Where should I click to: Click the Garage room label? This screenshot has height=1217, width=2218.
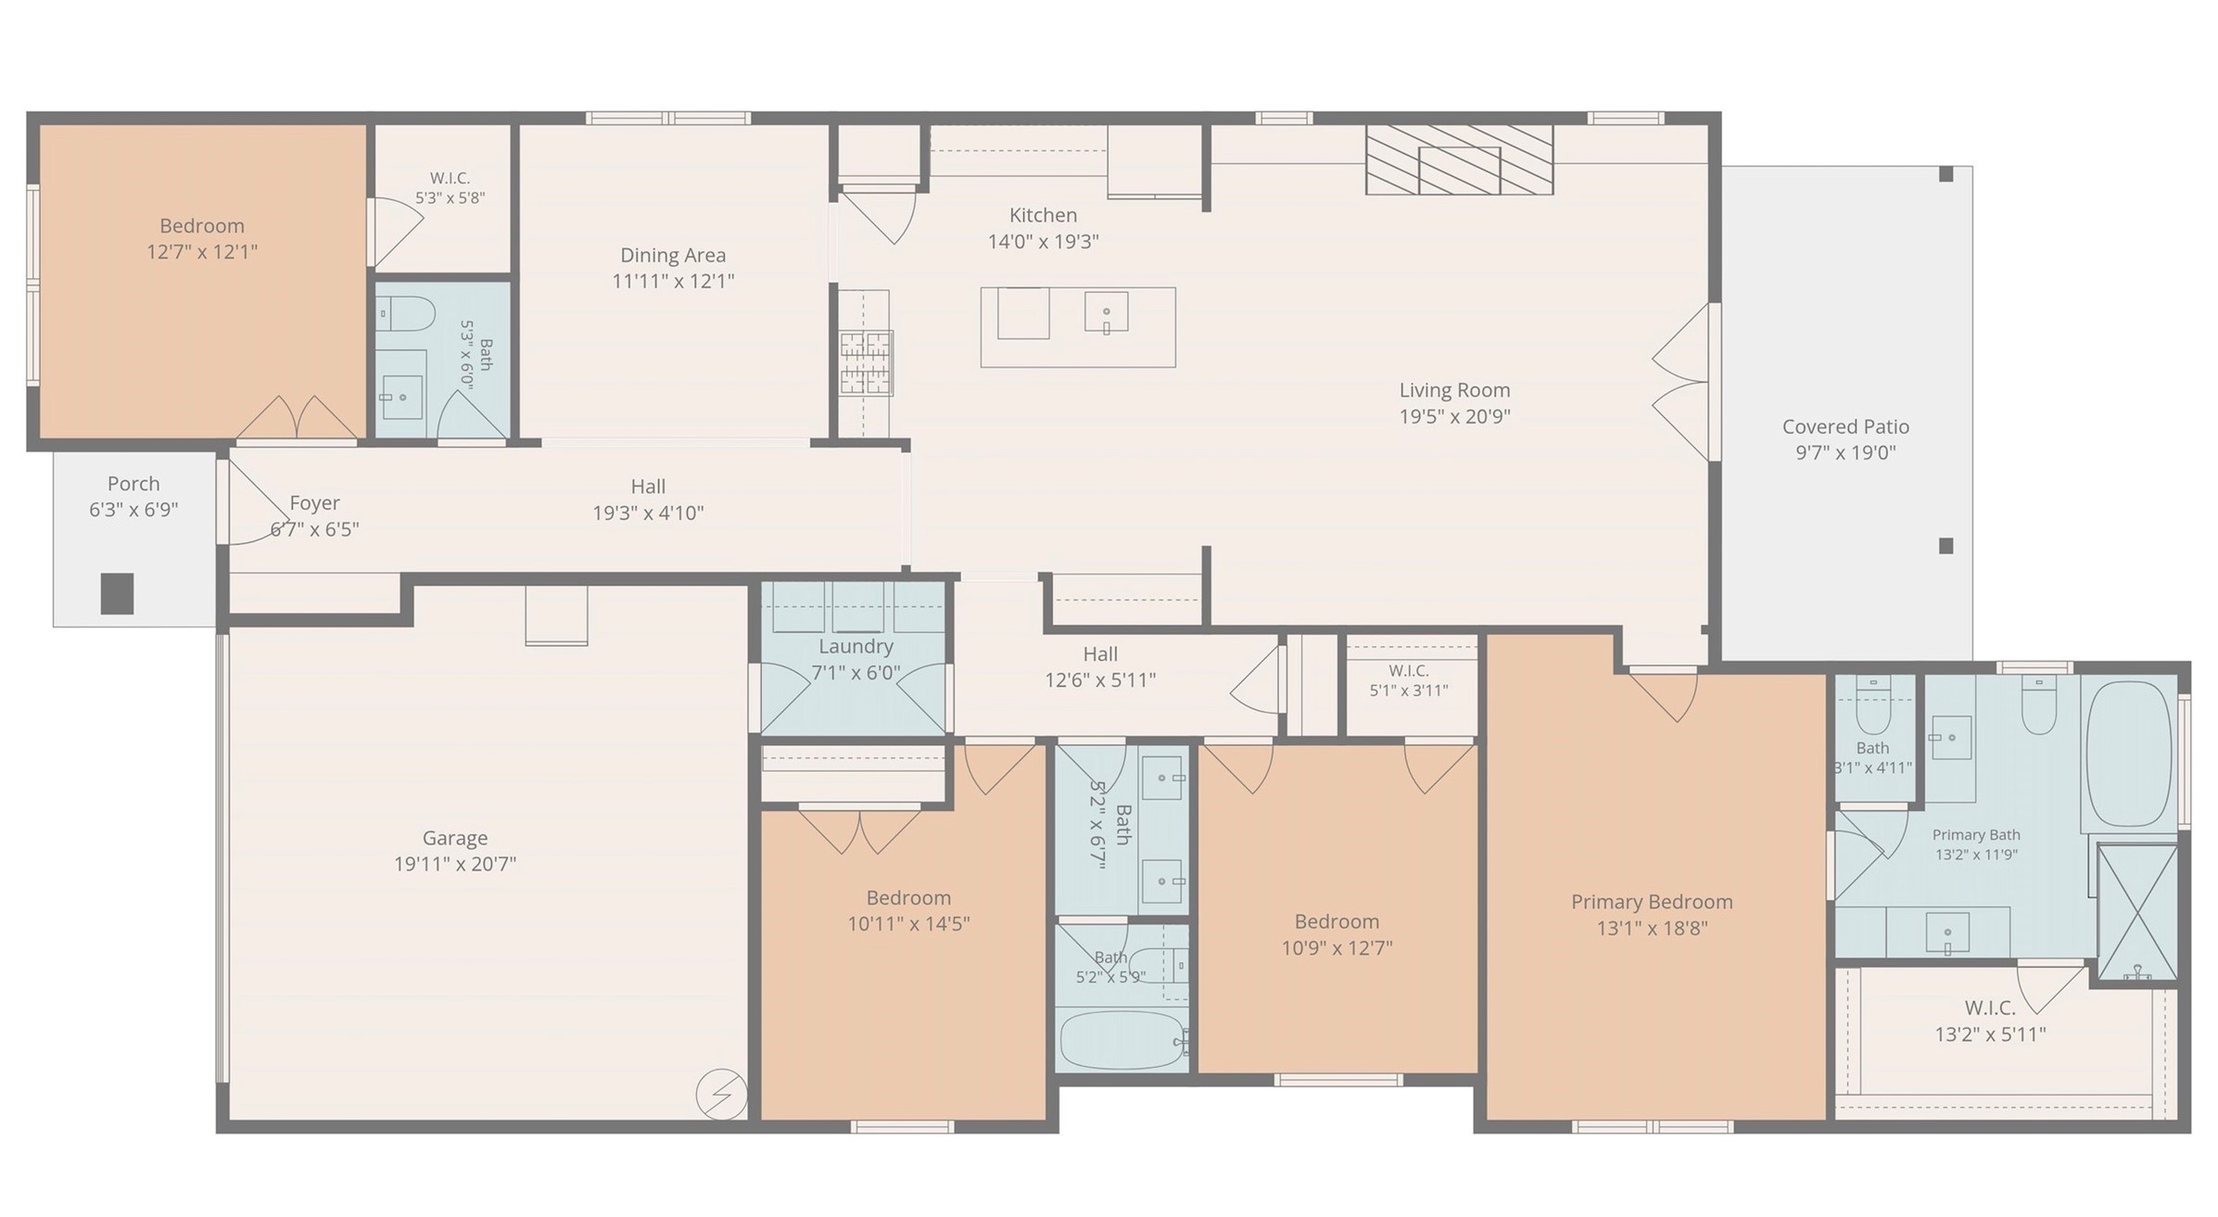tap(454, 838)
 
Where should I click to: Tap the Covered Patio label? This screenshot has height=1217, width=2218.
tap(1845, 426)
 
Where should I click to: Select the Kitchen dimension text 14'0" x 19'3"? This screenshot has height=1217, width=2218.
tap(1043, 242)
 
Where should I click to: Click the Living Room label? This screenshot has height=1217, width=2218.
tap(1454, 390)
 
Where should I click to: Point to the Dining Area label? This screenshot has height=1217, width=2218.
tap(673, 255)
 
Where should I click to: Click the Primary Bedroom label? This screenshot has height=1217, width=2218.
tap(1652, 902)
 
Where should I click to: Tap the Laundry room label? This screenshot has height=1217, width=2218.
tap(856, 647)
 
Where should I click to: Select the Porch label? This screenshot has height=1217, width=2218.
tap(133, 484)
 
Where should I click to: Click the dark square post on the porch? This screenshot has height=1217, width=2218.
tap(117, 593)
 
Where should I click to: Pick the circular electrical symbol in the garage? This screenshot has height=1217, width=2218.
tap(721, 1094)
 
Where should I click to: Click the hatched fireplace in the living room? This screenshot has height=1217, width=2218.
tap(1459, 159)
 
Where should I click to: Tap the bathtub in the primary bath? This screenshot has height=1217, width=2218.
tap(2129, 754)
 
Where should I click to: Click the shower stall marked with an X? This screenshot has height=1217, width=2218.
tap(2137, 912)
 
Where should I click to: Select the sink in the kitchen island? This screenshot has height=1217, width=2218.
tap(1107, 311)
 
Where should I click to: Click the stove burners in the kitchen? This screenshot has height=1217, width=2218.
tap(867, 362)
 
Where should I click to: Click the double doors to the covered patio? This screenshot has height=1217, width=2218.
tap(1680, 382)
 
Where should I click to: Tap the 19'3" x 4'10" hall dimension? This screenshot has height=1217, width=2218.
tap(648, 513)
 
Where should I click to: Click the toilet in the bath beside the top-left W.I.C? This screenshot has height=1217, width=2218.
tap(406, 313)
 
